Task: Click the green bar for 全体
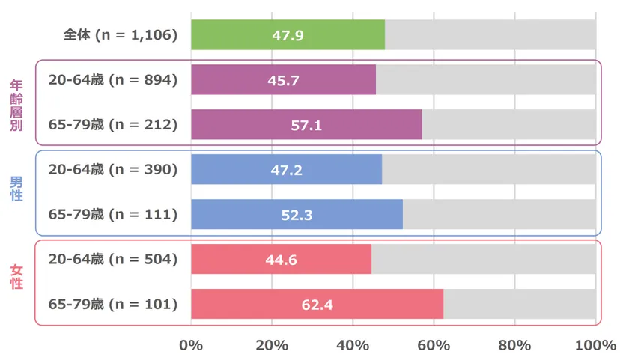pos(288,35)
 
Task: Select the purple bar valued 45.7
pos(284,80)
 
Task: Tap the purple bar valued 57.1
pos(306,125)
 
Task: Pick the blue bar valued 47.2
pos(287,169)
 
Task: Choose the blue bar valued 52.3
pos(297,214)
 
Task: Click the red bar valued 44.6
pos(282,259)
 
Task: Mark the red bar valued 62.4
pos(317,305)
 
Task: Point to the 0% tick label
pos(191,345)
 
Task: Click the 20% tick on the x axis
pos(272,345)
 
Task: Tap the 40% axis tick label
pos(353,345)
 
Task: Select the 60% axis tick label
pos(434,345)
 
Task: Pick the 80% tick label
pos(514,345)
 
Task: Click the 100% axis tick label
pos(595,345)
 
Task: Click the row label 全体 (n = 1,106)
pos(120,35)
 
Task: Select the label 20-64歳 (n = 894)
pos(113,80)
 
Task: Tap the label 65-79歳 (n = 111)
pos(113,214)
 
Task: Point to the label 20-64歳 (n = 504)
pos(113,259)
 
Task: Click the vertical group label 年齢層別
pos(16,103)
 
